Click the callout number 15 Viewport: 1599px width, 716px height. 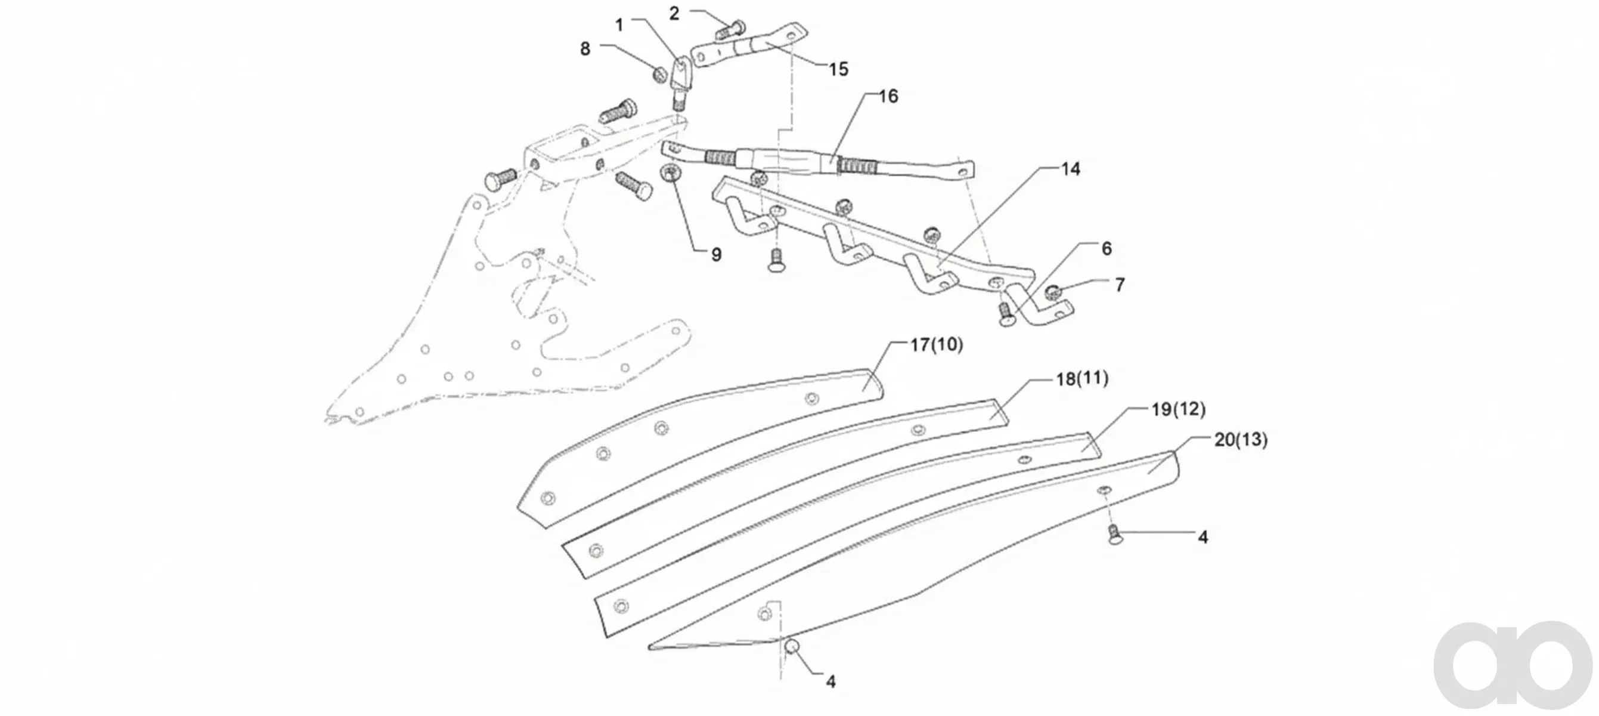[838, 69]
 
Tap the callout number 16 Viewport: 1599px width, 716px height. [888, 96]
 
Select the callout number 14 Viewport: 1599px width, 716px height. [1070, 169]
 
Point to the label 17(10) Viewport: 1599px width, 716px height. [937, 345]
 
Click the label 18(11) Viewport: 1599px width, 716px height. [1083, 378]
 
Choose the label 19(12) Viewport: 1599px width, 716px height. [1178, 409]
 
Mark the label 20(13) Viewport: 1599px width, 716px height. [1241, 440]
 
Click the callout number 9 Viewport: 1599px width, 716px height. [716, 255]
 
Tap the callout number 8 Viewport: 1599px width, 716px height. [585, 49]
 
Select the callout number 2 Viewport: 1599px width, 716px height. [674, 14]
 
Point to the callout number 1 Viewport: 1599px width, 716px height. [619, 26]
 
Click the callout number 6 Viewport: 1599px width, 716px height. [1107, 248]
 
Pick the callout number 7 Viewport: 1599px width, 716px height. [1120, 285]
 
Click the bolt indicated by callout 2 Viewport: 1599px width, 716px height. [730, 29]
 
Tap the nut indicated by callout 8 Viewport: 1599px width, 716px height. [659, 75]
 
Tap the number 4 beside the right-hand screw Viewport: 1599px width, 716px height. [1203, 537]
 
